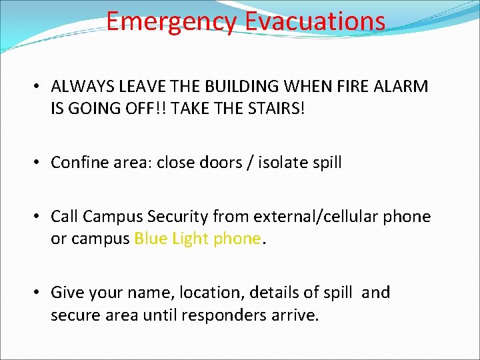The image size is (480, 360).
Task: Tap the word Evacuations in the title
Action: (315, 21)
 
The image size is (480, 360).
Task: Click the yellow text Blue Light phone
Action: (197, 239)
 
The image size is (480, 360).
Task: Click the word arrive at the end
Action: (294, 315)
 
